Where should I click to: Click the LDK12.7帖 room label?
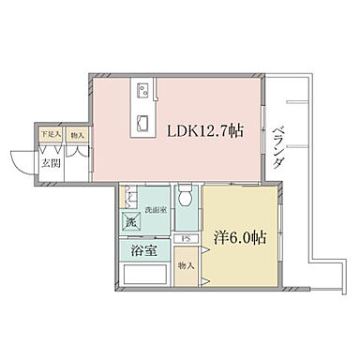(205, 131)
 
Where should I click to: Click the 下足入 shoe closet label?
(49, 135)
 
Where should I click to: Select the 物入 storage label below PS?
(186, 266)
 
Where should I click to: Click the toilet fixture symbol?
(186, 199)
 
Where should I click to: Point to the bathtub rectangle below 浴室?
(145, 277)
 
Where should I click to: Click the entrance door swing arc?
(22, 165)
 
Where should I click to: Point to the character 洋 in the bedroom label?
(221, 238)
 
